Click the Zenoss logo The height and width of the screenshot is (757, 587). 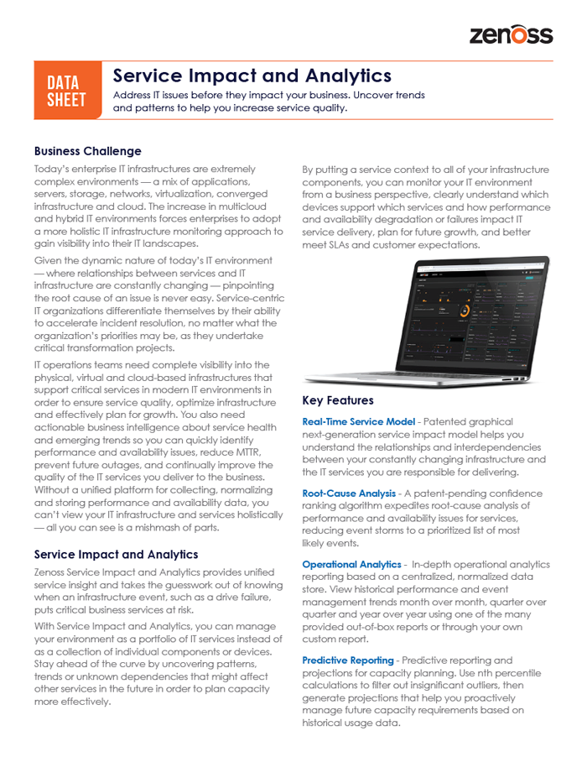(x=511, y=34)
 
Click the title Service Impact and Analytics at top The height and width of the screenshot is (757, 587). (x=252, y=76)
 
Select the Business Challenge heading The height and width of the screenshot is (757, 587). (x=87, y=151)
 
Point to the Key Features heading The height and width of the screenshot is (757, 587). (x=337, y=400)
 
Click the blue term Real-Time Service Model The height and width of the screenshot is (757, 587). (x=358, y=421)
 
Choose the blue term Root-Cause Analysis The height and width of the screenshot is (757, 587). (x=348, y=493)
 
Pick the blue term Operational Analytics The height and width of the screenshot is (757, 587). (x=351, y=564)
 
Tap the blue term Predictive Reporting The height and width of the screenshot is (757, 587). (x=347, y=660)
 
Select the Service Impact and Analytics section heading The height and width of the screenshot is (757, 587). (x=116, y=554)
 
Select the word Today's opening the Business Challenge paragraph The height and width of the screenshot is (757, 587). (x=53, y=169)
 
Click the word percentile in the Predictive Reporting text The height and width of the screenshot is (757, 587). (x=515, y=673)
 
